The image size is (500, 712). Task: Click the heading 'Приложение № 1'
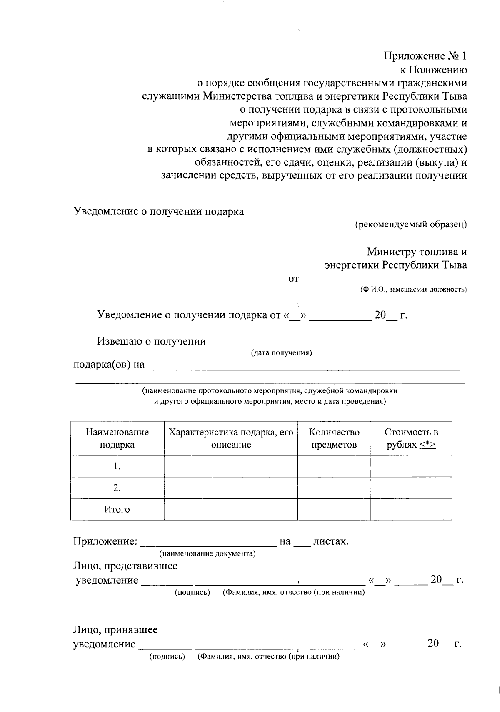425,56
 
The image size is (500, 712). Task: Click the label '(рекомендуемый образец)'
410,225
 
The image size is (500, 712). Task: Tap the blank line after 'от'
384,279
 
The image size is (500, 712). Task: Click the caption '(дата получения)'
281,353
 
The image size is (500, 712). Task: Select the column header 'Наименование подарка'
117,438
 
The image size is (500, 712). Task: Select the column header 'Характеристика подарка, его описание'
231,438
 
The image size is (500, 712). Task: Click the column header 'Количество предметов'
334,438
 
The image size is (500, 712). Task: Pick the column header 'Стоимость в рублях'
411,438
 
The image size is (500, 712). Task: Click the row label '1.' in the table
117,466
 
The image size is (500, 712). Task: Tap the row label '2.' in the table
117,488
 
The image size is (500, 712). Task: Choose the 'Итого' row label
117,510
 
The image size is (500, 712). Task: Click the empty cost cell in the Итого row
411,510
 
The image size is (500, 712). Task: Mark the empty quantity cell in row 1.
334,466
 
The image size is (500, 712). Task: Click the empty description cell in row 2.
231,488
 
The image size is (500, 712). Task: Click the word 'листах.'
330,542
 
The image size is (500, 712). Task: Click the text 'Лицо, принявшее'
115,629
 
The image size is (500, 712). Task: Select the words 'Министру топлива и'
417,252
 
